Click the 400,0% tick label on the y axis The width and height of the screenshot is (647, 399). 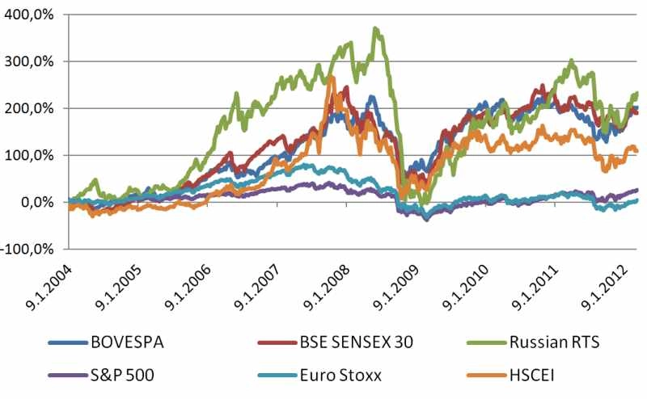[x=34, y=15]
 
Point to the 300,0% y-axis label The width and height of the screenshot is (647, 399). [x=34, y=61]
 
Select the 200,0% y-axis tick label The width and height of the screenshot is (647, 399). [x=34, y=108]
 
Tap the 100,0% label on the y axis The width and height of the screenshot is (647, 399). [x=34, y=155]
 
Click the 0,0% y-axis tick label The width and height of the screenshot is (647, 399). [x=40, y=202]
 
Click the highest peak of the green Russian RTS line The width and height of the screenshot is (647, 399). [x=374, y=28]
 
